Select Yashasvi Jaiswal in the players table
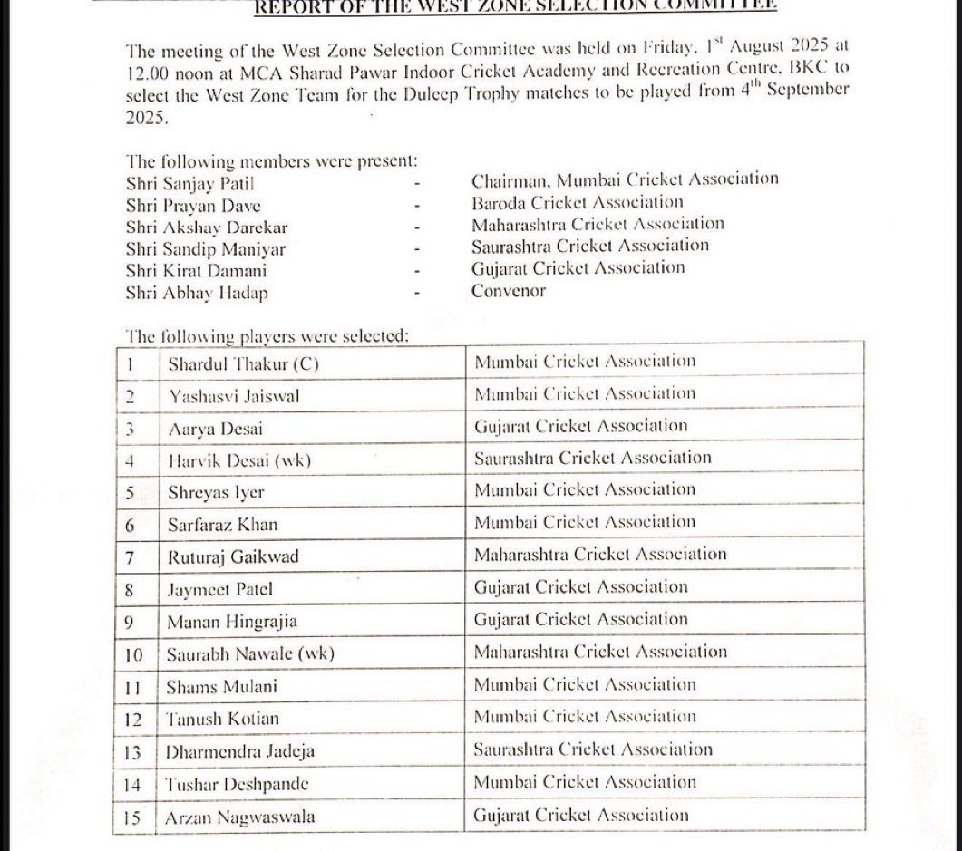235,395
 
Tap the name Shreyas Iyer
217,492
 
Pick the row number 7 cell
131,556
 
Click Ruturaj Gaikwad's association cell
600,554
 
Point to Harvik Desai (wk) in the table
239,459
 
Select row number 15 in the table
132,817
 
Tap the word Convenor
508,291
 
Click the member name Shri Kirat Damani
197,269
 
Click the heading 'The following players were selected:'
267,335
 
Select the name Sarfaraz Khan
223,525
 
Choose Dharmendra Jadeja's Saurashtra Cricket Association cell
593,749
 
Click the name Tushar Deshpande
238,784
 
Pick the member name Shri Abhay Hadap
197,292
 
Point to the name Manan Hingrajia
232,622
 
